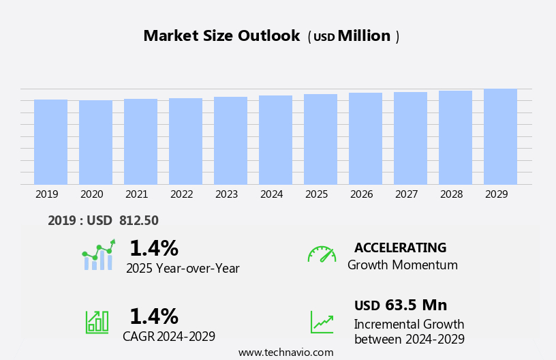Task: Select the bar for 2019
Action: (x=51, y=142)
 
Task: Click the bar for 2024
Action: (x=276, y=140)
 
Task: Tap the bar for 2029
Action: (x=501, y=136)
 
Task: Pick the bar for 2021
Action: (x=141, y=141)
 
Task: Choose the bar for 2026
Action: (x=366, y=138)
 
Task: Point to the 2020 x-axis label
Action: (x=92, y=194)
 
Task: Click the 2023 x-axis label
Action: (x=227, y=194)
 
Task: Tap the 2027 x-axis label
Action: (x=407, y=194)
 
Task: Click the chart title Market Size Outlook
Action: (x=221, y=36)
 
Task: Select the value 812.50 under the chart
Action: (x=139, y=221)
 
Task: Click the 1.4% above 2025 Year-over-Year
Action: (x=153, y=248)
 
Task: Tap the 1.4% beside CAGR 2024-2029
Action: (x=153, y=316)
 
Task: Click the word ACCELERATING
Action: (x=400, y=248)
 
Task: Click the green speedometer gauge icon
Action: (x=322, y=254)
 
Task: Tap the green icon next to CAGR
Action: (x=97, y=321)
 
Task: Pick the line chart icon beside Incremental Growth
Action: (x=322, y=322)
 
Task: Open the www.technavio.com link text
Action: (x=285, y=352)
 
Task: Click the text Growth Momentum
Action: (x=402, y=265)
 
